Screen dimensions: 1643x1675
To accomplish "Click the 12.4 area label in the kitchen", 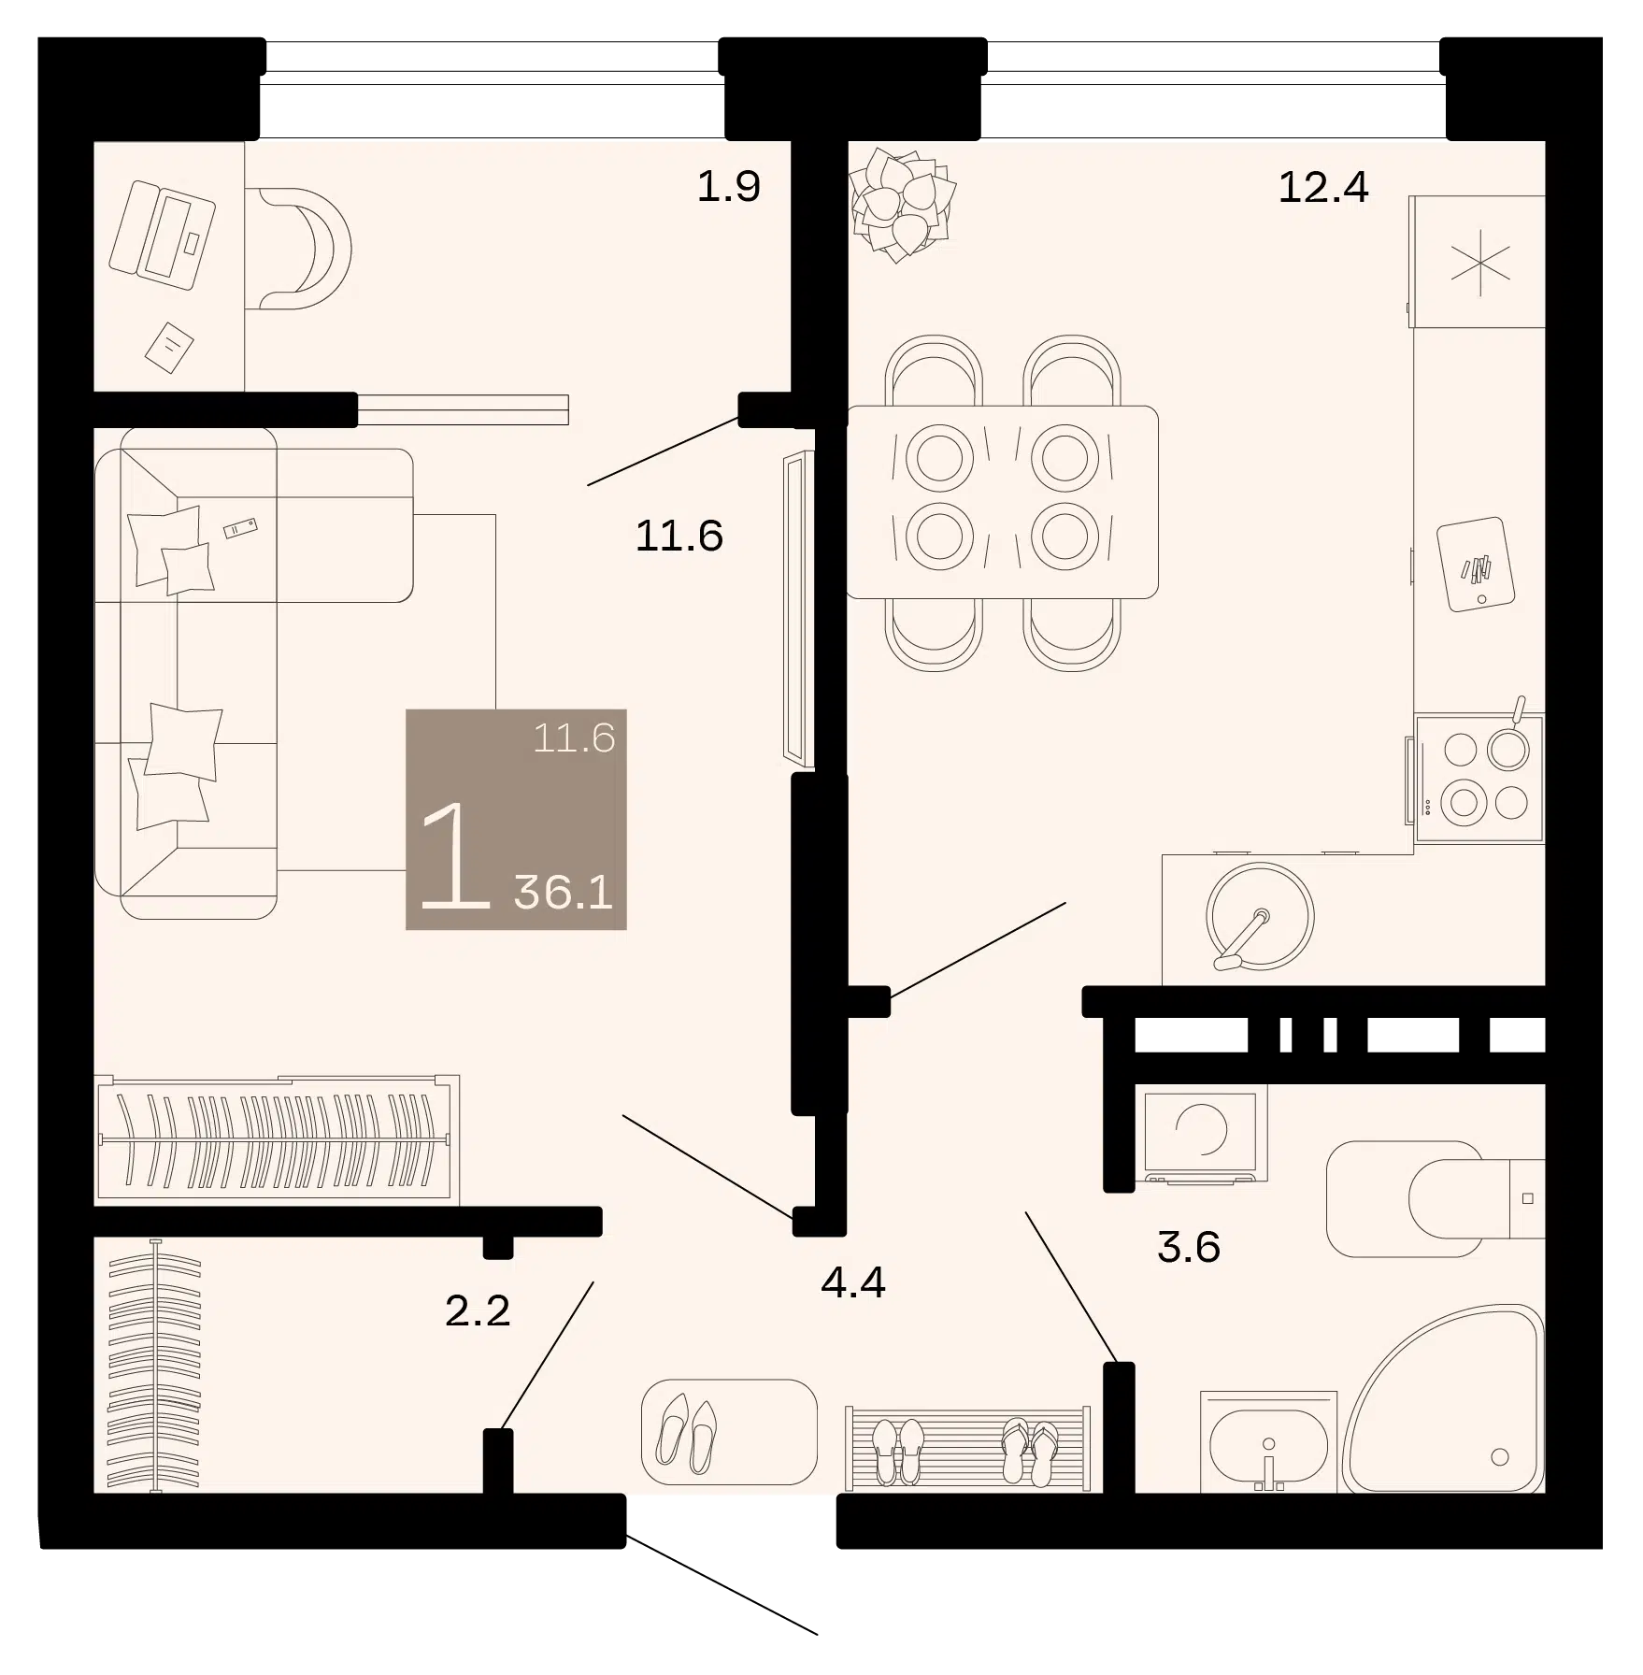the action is click(x=1322, y=187).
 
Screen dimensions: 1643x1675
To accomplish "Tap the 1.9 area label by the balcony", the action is click(x=729, y=187).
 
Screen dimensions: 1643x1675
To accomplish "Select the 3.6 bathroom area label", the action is click(x=1189, y=1247).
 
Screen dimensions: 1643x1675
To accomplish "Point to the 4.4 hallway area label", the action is click(x=853, y=1282).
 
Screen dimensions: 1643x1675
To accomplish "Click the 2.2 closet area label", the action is click(x=478, y=1310).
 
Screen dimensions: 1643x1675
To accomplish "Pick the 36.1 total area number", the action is click(x=564, y=893).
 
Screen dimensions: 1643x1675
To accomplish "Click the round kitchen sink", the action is click(x=1259, y=916).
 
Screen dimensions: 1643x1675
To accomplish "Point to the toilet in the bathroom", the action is click(x=1436, y=1199).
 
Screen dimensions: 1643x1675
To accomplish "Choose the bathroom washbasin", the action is click(x=1268, y=1442).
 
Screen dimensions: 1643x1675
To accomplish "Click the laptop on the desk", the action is click(x=163, y=234).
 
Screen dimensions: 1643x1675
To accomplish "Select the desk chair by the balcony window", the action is click(x=299, y=248).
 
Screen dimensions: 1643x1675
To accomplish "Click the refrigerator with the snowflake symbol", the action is click(x=1478, y=262).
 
